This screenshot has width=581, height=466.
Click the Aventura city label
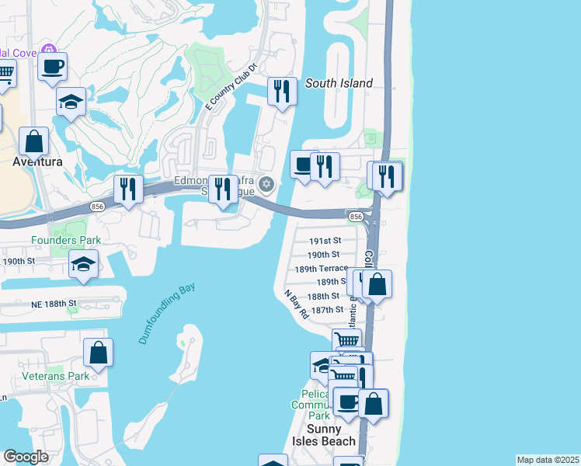pyautogui.click(x=37, y=162)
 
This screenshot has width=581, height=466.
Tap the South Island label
pyautogui.click(x=339, y=83)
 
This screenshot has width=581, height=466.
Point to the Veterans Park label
pyautogui.click(x=67, y=376)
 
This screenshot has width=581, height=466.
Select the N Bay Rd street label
pyautogui.click(x=296, y=305)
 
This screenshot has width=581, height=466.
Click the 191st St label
pyautogui.click(x=325, y=241)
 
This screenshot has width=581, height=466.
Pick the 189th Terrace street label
pyautogui.click(x=321, y=269)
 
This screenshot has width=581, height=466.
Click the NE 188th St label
pyautogui.click(x=50, y=304)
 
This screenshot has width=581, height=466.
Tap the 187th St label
pyautogui.click(x=326, y=310)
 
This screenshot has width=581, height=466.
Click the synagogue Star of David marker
pyautogui.click(x=266, y=184)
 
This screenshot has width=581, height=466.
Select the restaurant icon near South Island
pyautogui.click(x=281, y=91)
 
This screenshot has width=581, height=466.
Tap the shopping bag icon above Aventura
pyautogui.click(x=34, y=141)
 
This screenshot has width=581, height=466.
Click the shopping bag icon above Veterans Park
pyautogui.click(x=99, y=353)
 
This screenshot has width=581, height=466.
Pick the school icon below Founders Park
pyautogui.click(x=83, y=264)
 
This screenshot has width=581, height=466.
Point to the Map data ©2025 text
pyautogui.click(x=548, y=460)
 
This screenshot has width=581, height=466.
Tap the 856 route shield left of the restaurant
pyautogui.click(x=97, y=207)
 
